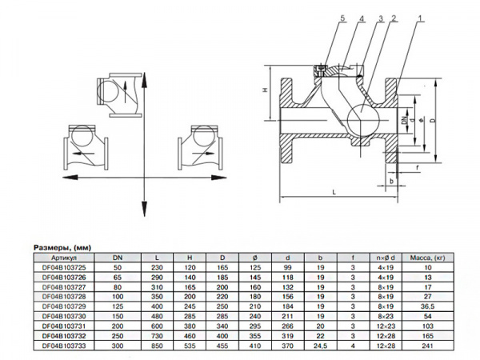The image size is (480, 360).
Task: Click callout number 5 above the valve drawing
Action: click(320, 18)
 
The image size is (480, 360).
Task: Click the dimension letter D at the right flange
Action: click(432, 120)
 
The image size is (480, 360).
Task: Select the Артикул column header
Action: click(63, 258)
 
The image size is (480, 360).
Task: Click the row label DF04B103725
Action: click(63, 268)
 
